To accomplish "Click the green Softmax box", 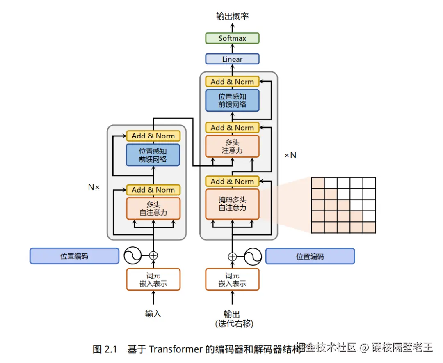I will point(232,38).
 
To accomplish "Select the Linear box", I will point(232,59).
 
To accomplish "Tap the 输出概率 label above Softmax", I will point(232,16).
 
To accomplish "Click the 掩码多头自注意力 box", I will point(232,204).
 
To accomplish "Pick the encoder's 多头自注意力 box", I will point(153,209).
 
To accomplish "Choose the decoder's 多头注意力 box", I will point(232,146).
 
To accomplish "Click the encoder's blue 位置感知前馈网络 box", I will point(153,155).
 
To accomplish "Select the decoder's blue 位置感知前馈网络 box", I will point(232,100).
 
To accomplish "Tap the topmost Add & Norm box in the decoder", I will point(232,81).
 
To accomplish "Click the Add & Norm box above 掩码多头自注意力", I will point(232,181).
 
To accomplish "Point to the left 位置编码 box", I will point(74,256).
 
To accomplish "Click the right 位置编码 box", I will point(310,257).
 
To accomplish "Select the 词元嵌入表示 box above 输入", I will point(153,279).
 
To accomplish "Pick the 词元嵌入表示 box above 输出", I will point(232,279).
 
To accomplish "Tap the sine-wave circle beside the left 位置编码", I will point(133,256).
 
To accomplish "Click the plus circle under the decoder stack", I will point(233,257).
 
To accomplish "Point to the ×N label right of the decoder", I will point(290,155).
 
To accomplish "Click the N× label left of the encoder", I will point(94,187).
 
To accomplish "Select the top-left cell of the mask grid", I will point(318,183).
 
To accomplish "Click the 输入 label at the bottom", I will point(153,314).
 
